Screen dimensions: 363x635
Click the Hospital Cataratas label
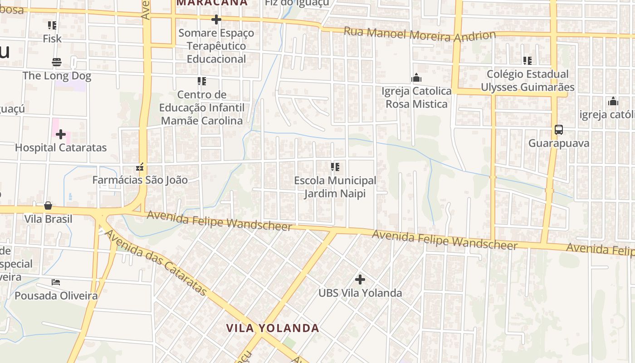coord(61,147)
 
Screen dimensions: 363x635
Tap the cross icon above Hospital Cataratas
coord(61,134)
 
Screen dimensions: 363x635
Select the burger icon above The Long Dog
coord(57,62)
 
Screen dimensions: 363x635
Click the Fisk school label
coord(52,39)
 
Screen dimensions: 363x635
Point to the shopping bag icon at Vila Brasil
coord(48,206)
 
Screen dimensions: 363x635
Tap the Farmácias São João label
coord(140,180)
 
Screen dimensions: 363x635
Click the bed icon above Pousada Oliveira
coord(56,282)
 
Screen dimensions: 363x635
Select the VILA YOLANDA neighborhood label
coord(273,328)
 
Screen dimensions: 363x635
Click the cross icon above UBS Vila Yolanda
coord(360,279)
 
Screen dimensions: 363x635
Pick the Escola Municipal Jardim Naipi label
coord(335,187)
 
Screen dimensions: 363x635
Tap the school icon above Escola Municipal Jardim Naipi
coord(335,167)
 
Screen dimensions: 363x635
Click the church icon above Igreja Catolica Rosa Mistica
coord(416,78)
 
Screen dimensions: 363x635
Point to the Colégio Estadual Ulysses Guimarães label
coord(528,80)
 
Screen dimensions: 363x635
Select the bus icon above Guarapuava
coord(559,130)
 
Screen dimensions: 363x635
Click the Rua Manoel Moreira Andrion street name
coord(420,34)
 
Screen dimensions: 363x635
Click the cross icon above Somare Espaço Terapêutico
coord(216,20)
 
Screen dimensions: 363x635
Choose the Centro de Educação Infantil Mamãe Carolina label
coord(202,108)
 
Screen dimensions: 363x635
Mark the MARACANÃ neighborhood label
coord(212,3)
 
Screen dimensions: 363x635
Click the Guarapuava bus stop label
coord(559,143)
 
